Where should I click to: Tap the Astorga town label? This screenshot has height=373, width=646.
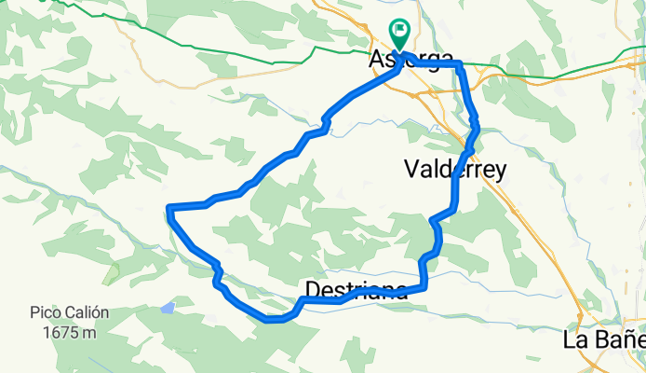[x=400, y=59]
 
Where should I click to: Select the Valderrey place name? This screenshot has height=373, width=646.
[x=456, y=169]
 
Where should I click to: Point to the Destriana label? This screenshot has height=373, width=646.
[x=357, y=289]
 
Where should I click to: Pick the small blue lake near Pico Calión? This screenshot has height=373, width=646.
[x=167, y=307]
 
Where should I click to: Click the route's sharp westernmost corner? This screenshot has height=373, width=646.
[x=168, y=206]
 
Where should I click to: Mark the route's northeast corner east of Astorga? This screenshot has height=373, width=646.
[x=459, y=64]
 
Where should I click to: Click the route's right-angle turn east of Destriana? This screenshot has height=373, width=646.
[x=424, y=287]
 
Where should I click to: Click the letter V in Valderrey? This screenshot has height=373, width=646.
[x=411, y=169]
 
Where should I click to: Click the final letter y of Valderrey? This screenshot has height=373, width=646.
[x=501, y=171]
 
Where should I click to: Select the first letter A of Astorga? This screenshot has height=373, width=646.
[x=376, y=59]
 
